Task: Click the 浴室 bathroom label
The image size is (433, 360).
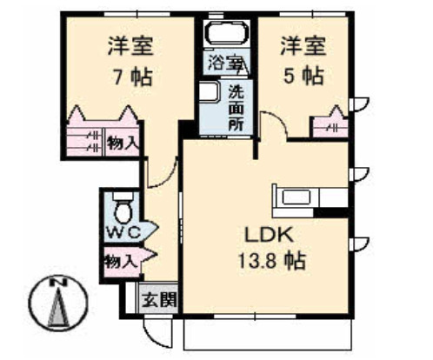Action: tap(224, 63)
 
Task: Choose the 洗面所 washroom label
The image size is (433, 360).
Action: tap(236, 106)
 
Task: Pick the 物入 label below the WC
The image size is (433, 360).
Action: tap(119, 257)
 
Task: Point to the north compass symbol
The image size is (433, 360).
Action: tap(60, 306)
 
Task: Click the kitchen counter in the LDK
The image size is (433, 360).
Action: tap(304, 197)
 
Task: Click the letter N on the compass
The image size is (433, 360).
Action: tap(60, 283)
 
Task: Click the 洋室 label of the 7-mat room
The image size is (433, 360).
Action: tap(130, 44)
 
